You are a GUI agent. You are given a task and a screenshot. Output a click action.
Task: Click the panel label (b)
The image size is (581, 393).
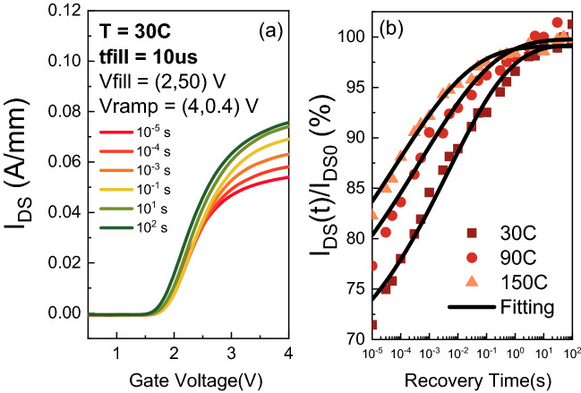397,28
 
